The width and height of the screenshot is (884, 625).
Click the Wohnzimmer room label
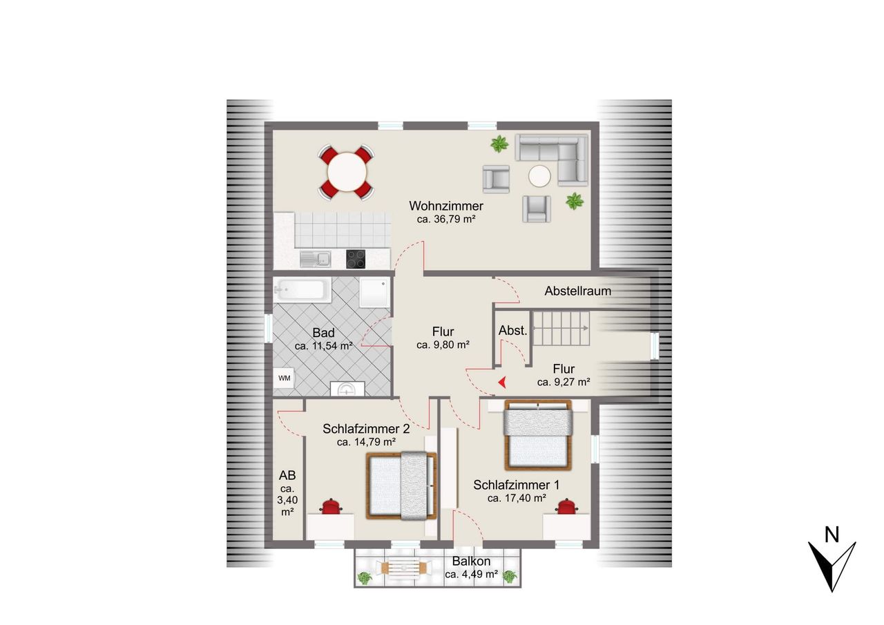click(446, 206)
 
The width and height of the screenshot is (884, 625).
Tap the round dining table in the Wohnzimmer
click(347, 172)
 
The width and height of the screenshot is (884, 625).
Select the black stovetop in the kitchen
click(356, 259)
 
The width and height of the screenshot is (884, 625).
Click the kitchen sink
click(316, 260)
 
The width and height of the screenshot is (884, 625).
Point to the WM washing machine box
click(284, 378)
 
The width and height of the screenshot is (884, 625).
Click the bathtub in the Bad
click(302, 289)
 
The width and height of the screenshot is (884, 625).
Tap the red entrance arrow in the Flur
click(502, 382)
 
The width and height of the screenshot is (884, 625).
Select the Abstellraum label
click(578, 291)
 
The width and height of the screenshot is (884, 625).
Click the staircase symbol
click(561, 328)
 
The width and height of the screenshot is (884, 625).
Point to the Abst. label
click(512, 331)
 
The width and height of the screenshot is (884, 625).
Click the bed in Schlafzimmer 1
click(538, 435)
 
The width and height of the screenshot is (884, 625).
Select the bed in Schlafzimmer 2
click(401, 485)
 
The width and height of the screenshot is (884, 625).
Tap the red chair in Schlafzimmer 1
click(566, 506)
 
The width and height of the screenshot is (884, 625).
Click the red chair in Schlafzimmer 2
click(331, 506)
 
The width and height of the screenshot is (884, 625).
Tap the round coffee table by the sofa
click(539, 176)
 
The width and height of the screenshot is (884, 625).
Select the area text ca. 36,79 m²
click(446, 220)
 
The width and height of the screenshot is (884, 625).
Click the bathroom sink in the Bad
click(347, 388)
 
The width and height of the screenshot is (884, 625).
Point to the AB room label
click(287, 475)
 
